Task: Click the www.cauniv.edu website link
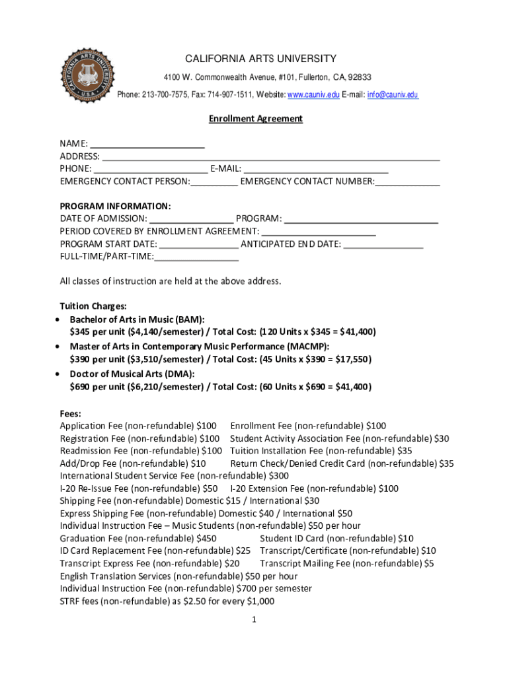(313, 95)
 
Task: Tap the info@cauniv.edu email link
(393, 95)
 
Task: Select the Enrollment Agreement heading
(256, 119)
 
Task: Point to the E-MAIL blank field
(315, 170)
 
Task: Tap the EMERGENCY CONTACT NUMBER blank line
(407, 183)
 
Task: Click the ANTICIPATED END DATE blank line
(383, 245)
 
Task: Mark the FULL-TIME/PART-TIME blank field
(196, 257)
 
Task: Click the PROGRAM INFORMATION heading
(116, 206)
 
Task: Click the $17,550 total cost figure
(352, 360)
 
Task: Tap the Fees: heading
(71, 414)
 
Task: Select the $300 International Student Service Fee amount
(278, 476)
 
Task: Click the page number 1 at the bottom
(253, 620)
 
